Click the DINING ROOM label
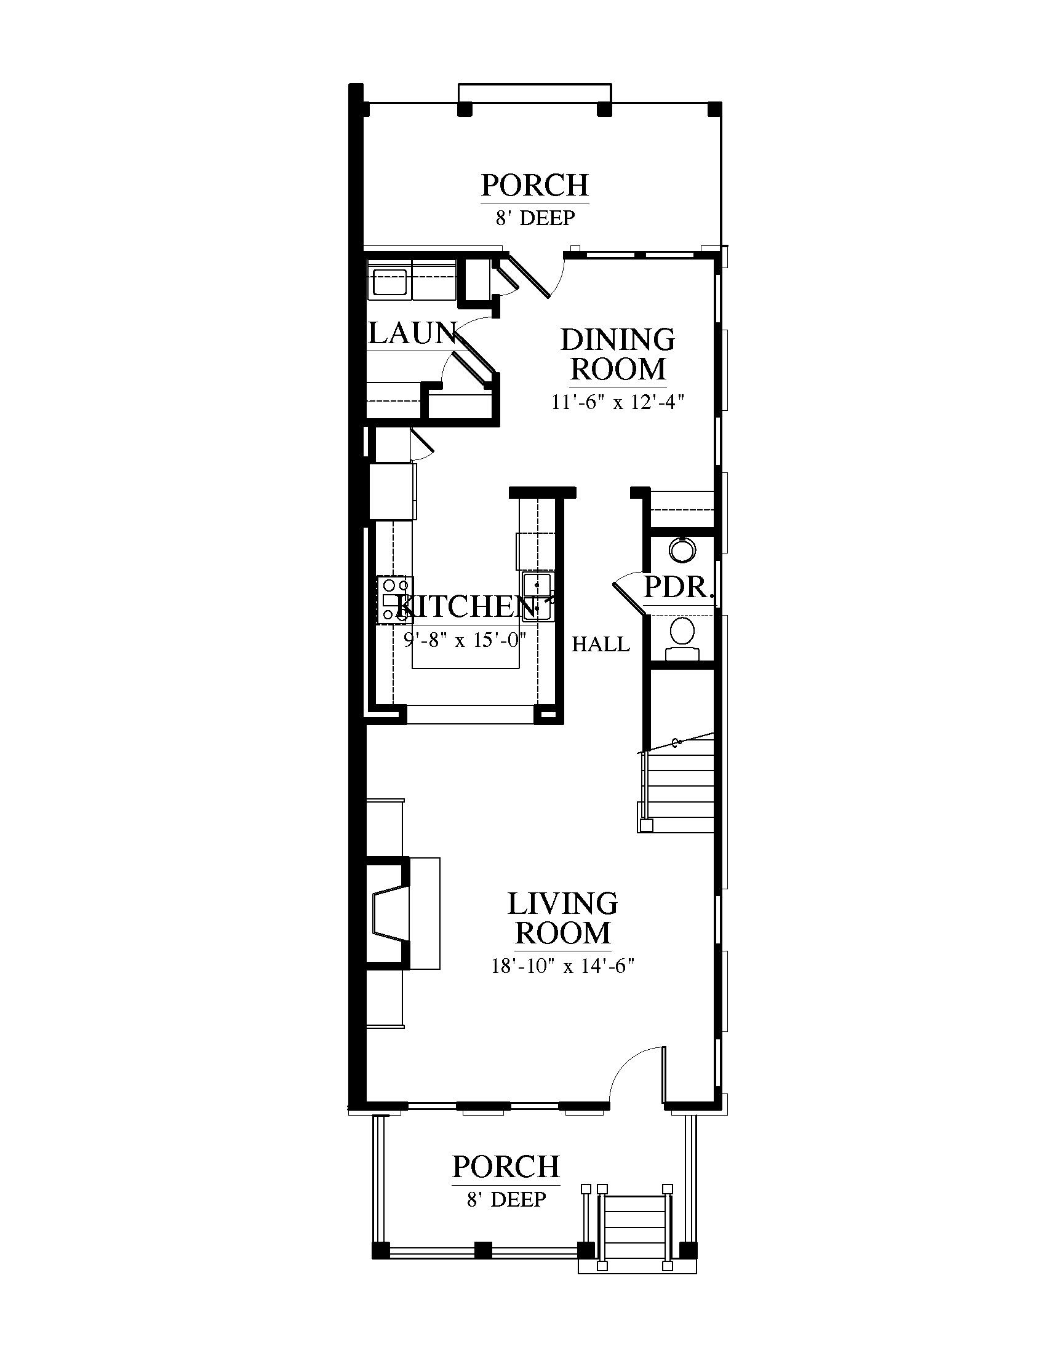coord(618,354)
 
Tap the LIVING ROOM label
coord(562,919)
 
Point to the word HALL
coord(601,645)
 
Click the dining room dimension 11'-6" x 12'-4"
coord(618,402)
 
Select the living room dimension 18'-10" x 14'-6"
coord(562,966)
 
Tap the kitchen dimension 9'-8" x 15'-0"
coord(465,639)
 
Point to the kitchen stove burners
coord(395,599)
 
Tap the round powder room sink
coord(682,549)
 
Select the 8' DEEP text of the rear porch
coord(535,218)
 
